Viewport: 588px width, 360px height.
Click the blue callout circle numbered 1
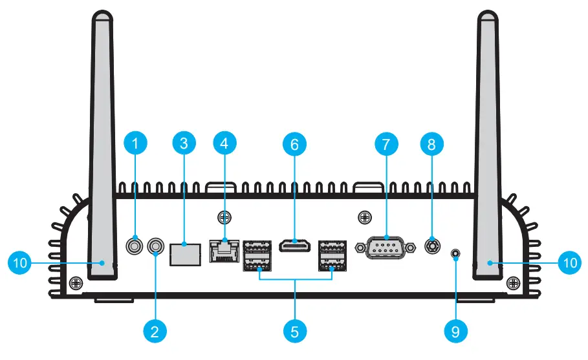pyautogui.click(x=135, y=144)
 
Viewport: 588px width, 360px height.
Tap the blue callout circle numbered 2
pyautogui.click(x=155, y=332)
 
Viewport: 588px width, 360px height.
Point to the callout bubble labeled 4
pyautogui.click(x=224, y=144)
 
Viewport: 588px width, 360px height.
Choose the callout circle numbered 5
pyautogui.click(x=294, y=332)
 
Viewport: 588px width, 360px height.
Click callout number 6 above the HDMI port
pyautogui.click(x=294, y=144)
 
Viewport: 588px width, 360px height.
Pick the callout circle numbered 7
pyautogui.click(x=386, y=144)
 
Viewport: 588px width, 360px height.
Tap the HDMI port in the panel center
pyautogui.click(x=294, y=246)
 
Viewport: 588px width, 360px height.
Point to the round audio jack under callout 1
pyautogui.click(x=135, y=246)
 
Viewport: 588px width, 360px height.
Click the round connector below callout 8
pyautogui.click(x=431, y=246)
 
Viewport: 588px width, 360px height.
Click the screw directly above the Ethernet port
pyautogui.click(x=224, y=218)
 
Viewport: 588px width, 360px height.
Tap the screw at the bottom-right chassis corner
pyautogui.click(x=514, y=282)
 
